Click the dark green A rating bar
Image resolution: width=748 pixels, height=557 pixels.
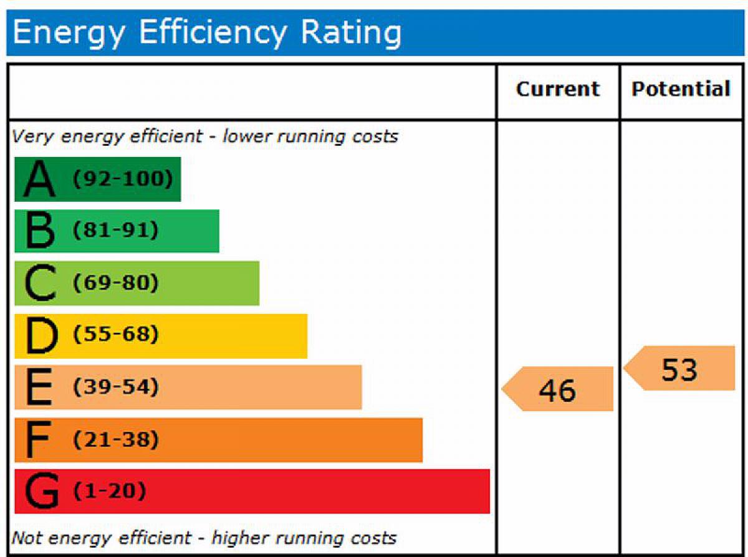click(98, 179)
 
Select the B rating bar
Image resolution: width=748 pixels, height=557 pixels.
click(117, 231)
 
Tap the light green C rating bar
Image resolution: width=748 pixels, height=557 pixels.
click(137, 283)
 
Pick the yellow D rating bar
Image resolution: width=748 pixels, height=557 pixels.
click(161, 336)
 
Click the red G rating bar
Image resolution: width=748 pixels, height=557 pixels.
click(252, 492)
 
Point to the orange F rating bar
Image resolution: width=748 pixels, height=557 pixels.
click(218, 440)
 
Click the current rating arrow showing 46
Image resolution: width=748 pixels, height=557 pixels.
click(557, 389)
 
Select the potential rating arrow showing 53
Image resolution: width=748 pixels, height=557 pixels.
click(679, 369)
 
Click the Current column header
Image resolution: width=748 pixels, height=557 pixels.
click(558, 89)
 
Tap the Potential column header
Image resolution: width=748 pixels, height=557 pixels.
click(681, 89)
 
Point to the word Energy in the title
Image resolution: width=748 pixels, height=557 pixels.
click(69, 33)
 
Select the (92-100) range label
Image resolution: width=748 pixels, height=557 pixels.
click(122, 179)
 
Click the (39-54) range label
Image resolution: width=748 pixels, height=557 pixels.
click(116, 388)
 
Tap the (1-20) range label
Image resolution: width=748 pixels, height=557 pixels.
click(110, 492)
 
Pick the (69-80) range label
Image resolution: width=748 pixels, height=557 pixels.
click(116, 283)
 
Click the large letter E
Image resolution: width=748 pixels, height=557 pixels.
click(39, 388)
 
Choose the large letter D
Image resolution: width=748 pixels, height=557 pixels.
click(41, 336)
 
